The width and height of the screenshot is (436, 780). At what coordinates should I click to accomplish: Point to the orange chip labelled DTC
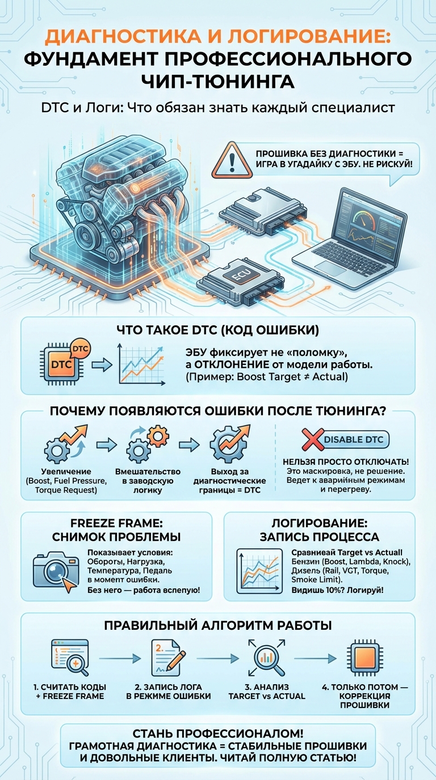pos(61,363)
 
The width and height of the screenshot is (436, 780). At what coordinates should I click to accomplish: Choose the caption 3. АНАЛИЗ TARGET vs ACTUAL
pos(266,692)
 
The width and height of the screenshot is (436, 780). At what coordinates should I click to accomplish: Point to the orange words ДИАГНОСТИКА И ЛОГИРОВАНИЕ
pos(217,37)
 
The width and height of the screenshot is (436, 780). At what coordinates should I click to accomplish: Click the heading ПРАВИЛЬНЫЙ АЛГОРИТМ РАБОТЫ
pos(217,626)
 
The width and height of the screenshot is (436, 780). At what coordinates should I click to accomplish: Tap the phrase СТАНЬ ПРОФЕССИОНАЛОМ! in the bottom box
pos(217,734)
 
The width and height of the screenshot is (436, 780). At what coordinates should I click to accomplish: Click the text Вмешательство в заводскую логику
pos(148,481)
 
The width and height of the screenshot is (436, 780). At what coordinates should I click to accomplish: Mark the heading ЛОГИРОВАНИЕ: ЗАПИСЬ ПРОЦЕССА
pos(318,530)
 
